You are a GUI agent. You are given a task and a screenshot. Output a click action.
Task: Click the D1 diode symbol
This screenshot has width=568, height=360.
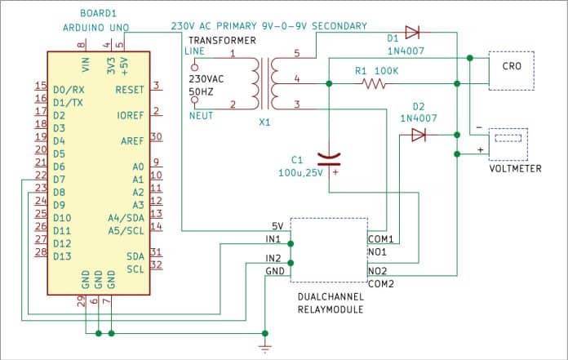412,33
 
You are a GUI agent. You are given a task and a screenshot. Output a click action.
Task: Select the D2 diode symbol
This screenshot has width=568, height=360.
419,135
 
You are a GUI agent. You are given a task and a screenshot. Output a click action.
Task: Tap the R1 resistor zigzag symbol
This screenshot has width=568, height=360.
374,84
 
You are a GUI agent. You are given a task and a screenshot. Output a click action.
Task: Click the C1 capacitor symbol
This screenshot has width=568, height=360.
329,159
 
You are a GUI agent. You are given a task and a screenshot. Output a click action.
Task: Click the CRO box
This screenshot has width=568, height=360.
511,71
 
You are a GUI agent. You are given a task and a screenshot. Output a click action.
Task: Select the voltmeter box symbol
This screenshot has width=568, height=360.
508,144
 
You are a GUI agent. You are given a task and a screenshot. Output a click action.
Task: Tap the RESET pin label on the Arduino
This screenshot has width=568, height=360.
130,90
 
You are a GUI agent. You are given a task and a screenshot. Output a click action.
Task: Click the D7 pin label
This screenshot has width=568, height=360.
59,180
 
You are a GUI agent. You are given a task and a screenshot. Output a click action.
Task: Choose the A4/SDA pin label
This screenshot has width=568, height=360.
126,218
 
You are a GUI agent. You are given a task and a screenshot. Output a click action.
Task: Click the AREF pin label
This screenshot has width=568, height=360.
132,141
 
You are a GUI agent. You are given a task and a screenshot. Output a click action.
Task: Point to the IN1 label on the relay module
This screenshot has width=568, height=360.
273,239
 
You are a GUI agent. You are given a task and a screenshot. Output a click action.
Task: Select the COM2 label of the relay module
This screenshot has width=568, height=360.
381,284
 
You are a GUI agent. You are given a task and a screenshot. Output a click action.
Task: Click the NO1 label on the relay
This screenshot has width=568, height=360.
377,252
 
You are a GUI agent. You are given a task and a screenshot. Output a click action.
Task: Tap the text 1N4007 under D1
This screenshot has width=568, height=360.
406,51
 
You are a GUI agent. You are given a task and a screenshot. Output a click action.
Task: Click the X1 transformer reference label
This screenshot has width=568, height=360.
264,122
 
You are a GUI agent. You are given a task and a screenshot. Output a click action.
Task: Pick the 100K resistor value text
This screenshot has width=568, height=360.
386,71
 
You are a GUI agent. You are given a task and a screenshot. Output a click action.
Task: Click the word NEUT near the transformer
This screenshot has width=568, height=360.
201,116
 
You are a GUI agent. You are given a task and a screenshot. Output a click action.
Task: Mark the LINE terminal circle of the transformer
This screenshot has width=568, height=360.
195,68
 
